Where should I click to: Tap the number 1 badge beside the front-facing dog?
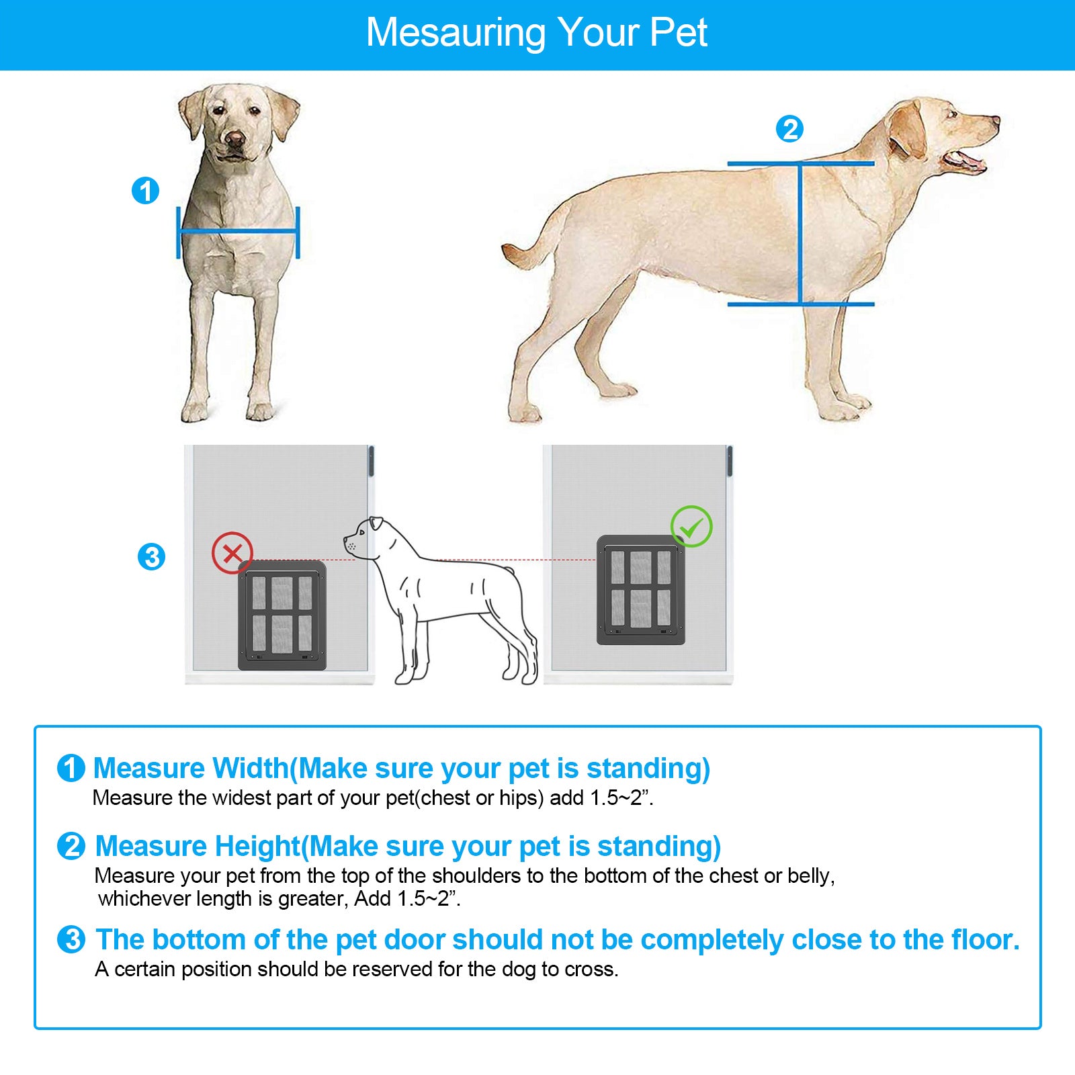[145, 191]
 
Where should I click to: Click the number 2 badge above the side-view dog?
[789, 129]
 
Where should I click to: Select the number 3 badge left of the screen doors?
[151, 556]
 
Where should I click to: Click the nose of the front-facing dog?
[234, 139]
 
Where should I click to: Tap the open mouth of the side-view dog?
[964, 161]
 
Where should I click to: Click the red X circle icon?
[232, 553]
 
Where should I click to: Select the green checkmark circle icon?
[691, 527]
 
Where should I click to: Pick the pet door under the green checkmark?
[641, 590]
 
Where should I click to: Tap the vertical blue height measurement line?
[800, 235]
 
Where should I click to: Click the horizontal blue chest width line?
[237, 232]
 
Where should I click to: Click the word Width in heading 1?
[251, 768]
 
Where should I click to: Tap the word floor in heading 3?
[983, 939]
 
